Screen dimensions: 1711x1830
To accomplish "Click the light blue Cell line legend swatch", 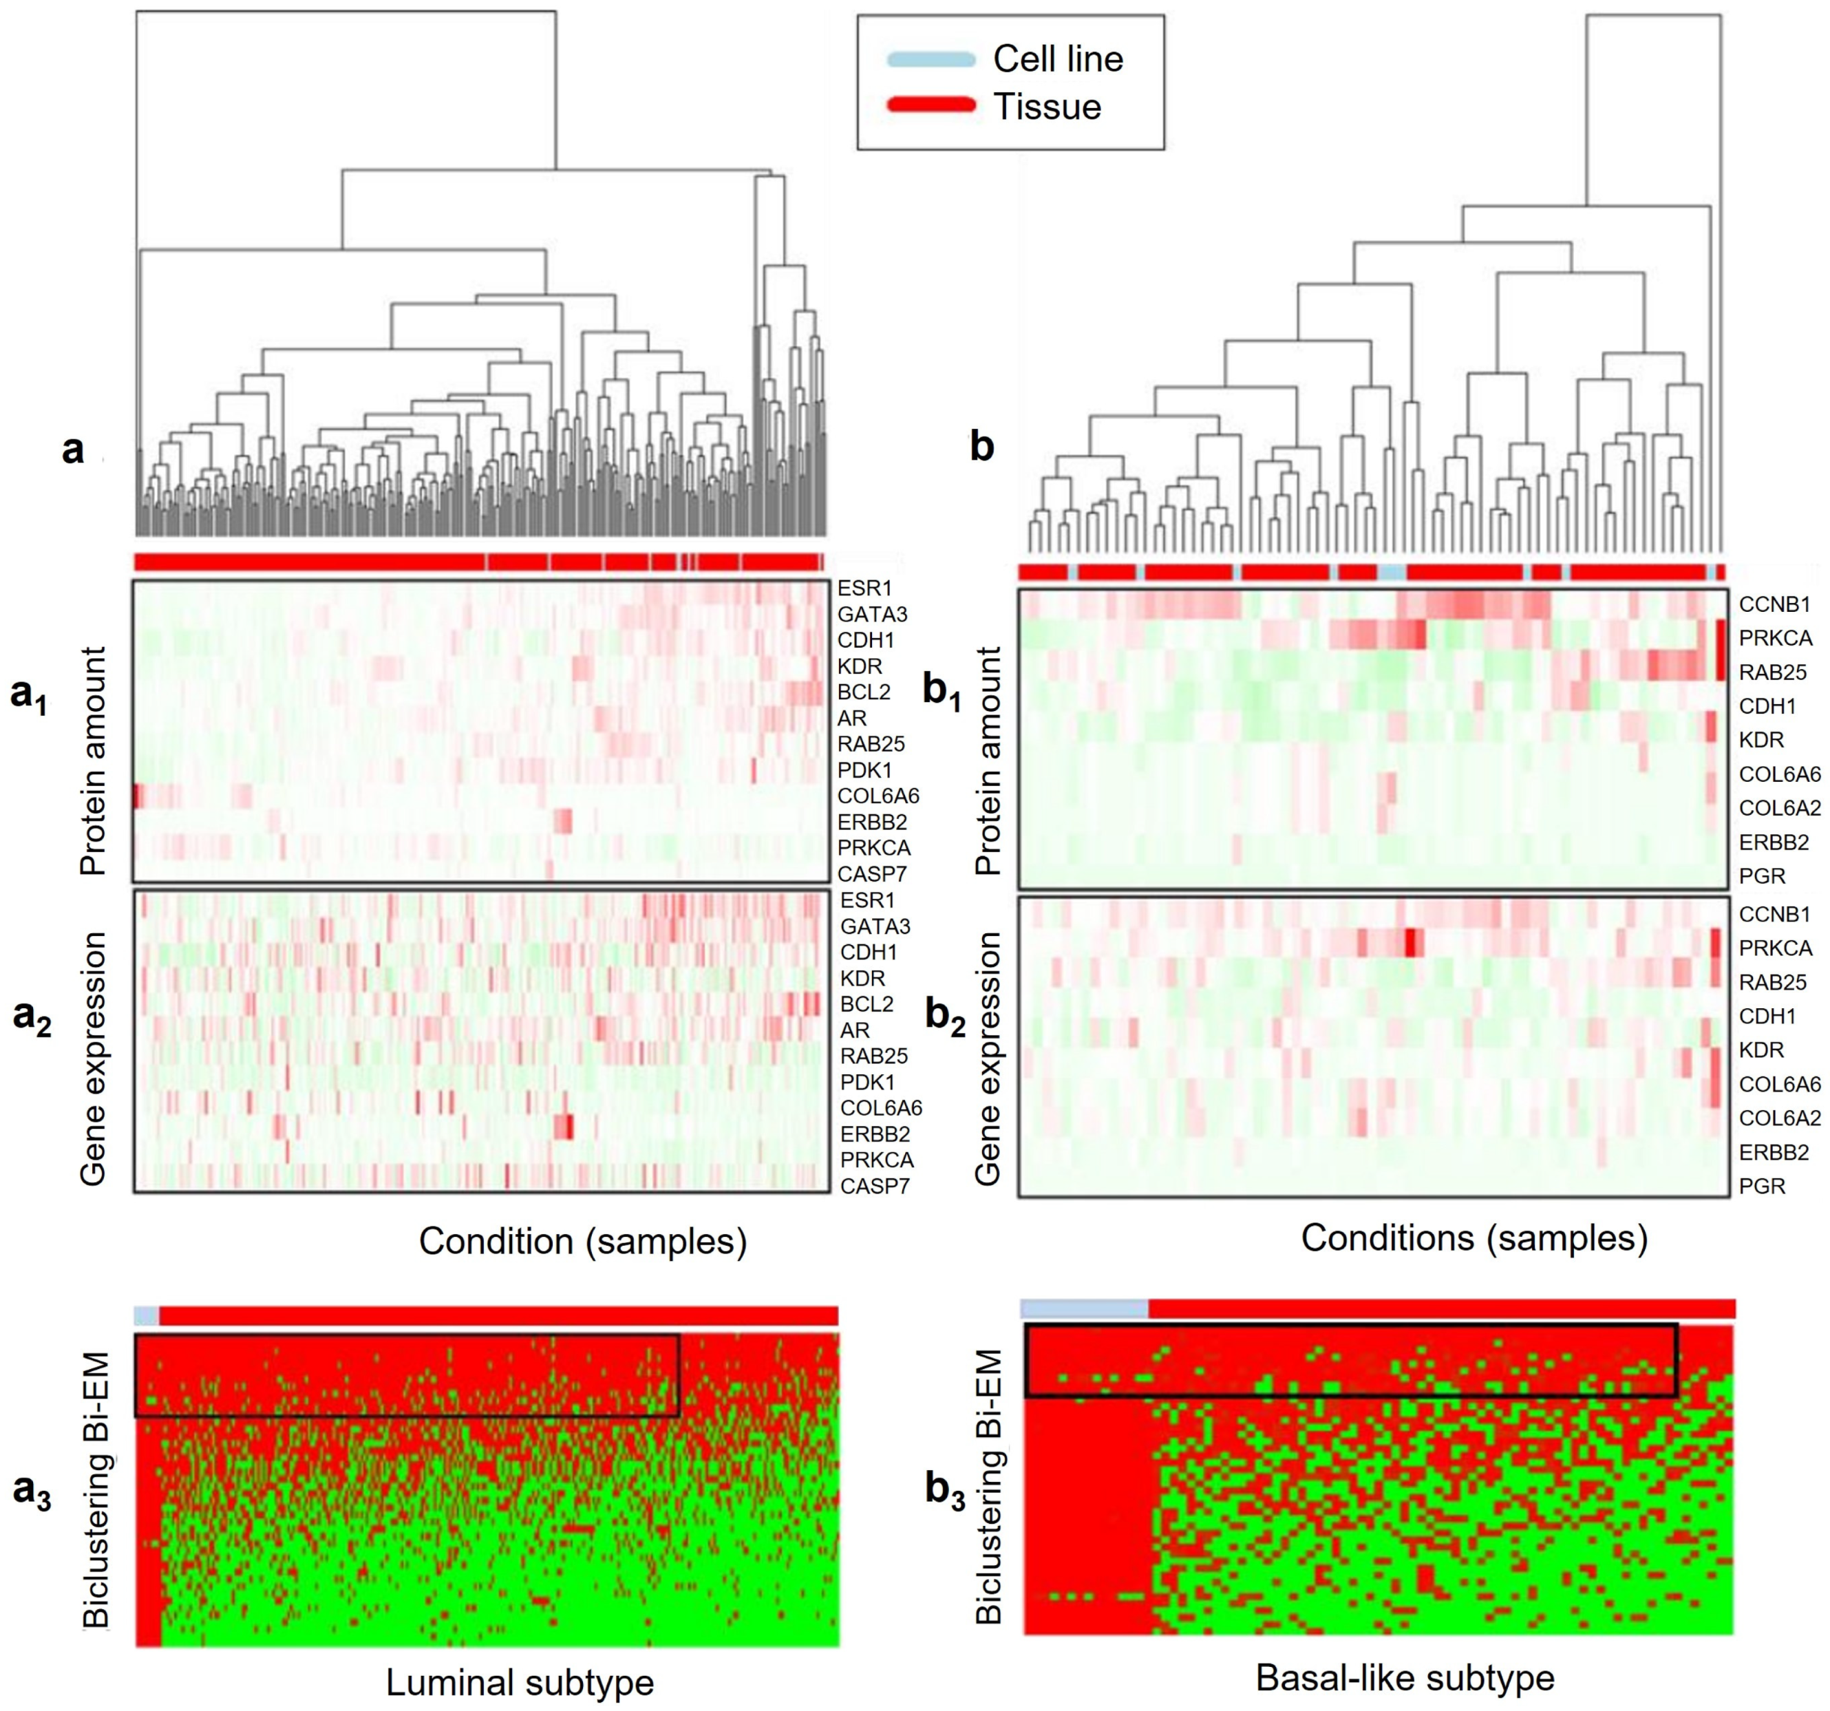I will click(930, 60).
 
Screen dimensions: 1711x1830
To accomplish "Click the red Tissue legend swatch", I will click(930, 105).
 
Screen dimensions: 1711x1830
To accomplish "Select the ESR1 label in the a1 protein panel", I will click(864, 588).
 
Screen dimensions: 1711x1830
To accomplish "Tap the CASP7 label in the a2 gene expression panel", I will click(875, 1187).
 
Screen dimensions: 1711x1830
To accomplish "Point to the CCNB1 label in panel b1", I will click(1774, 605).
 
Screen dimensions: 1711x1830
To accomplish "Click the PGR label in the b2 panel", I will click(1762, 1187).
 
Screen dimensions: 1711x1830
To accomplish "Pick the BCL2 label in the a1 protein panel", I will click(864, 692).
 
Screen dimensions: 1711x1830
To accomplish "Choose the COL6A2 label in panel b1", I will click(1779, 808).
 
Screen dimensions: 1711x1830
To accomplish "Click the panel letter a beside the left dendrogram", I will click(73, 449).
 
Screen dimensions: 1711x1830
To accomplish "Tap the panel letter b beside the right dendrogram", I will click(982, 447).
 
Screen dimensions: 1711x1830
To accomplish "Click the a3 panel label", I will click(31, 1490).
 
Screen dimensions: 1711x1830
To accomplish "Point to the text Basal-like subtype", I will click(1405, 1678).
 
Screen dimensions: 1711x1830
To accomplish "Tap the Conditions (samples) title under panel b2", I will click(1473, 1238).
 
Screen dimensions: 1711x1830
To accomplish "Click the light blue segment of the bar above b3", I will click(1085, 1308).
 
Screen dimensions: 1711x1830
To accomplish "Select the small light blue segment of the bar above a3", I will click(147, 1315).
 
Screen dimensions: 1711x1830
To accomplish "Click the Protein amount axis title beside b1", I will click(988, 761).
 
